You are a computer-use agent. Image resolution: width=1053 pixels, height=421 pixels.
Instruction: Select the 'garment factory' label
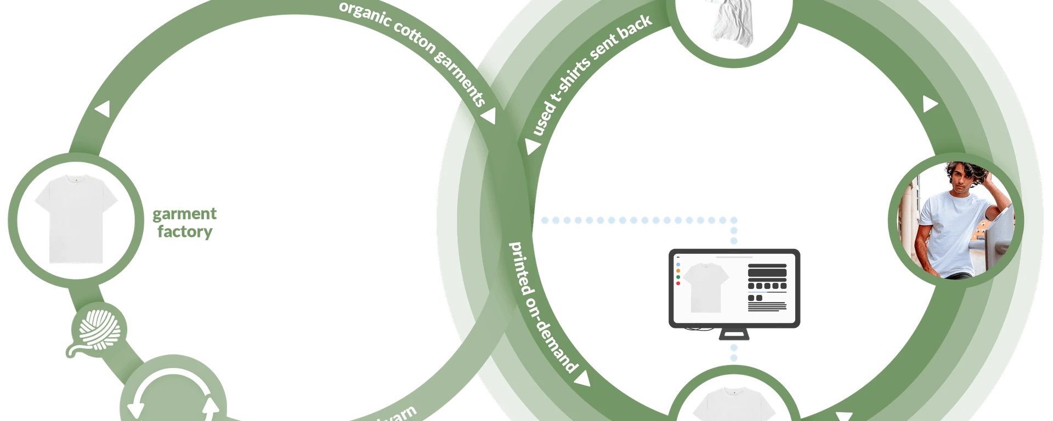click(x=185, y=224)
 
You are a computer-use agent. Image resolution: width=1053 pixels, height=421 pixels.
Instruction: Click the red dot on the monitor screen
click(x=678, y=283)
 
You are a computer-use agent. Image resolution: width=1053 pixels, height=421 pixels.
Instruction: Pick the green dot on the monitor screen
click(x=678, y=277)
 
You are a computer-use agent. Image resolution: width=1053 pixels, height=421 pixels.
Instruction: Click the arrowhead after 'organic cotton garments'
click(x=489, y=116)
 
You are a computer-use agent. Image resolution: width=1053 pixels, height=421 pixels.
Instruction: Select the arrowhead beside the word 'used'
click(x=531, y=146)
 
